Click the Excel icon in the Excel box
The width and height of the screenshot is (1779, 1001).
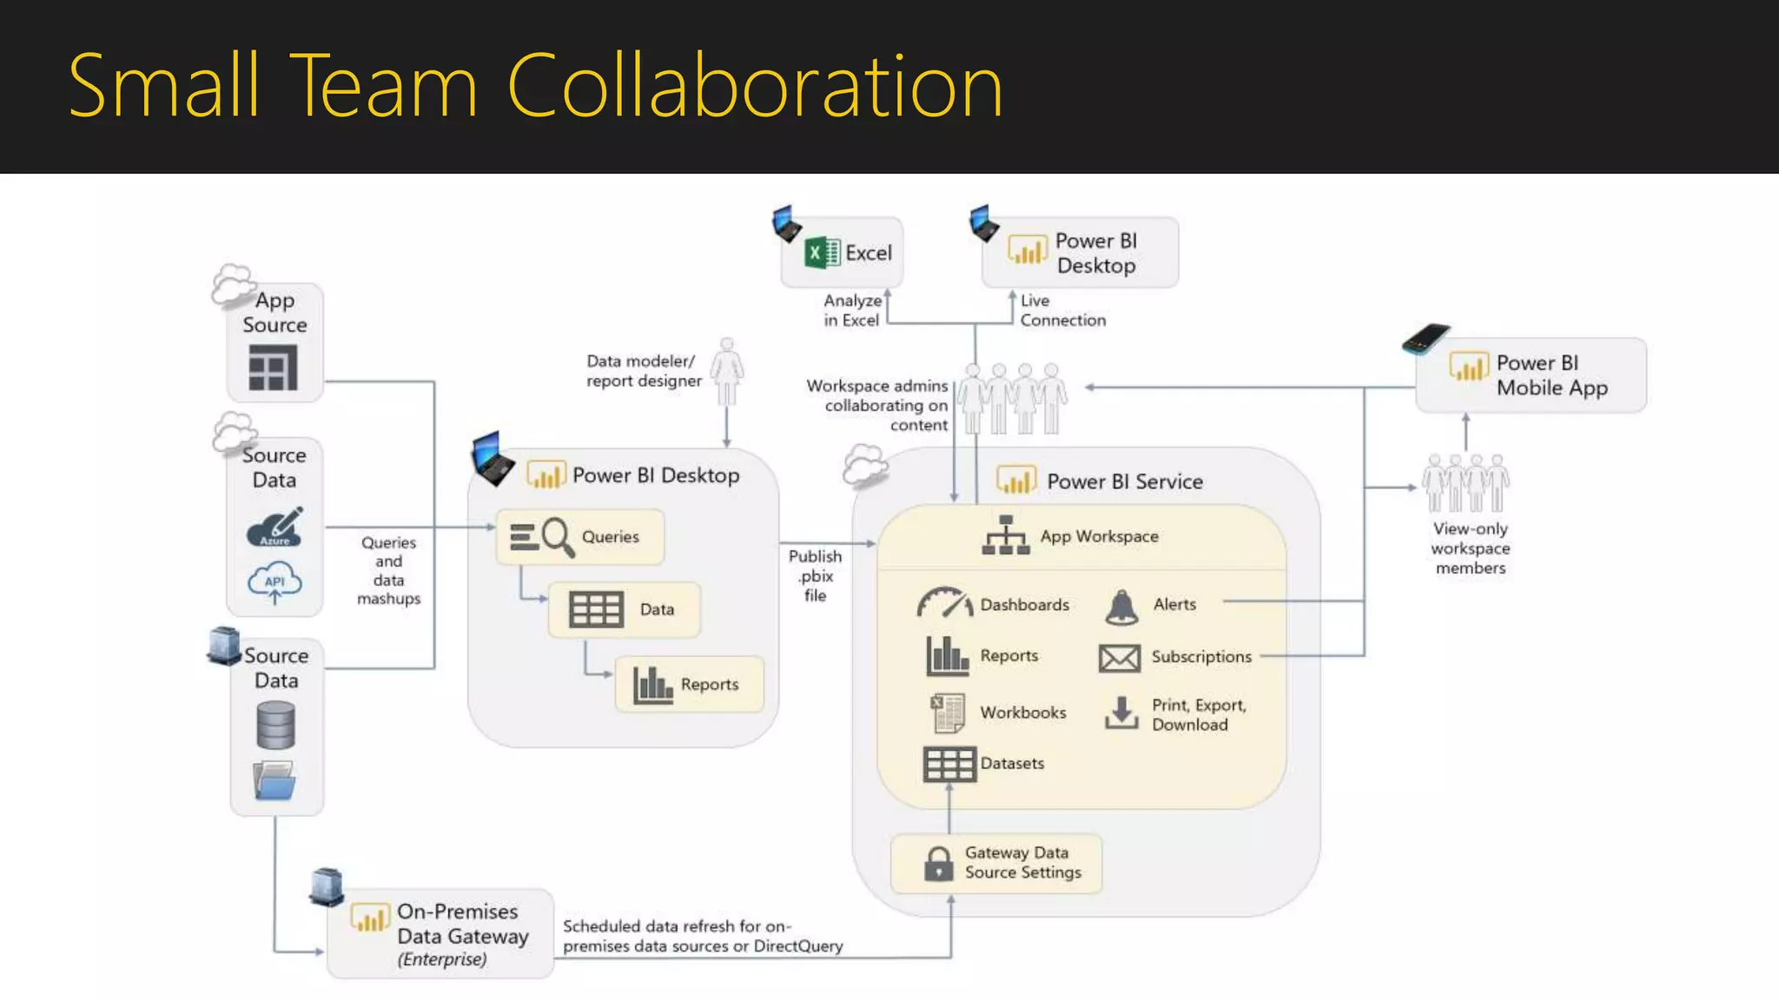point(822,253)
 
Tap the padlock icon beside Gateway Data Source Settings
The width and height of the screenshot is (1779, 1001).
point(938,864)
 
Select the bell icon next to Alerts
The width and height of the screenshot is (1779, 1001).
point(1121,607)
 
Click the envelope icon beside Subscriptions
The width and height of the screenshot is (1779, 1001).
point(1119,658)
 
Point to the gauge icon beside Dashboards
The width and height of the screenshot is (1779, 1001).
point(944,603)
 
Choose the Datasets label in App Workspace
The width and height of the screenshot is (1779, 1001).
point(1012,764)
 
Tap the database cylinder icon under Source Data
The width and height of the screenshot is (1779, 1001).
point(275,726)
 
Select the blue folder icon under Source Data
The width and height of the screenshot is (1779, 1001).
point(274,780)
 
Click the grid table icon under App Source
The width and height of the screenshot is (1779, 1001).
point(273,368)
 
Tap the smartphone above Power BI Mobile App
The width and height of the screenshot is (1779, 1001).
point(1425,339)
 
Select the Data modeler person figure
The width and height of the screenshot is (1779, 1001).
point(727,372)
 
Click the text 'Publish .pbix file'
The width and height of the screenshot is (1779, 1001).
point(815,575)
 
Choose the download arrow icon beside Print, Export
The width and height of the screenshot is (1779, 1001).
point(1121,713)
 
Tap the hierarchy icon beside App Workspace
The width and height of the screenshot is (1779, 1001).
point(1005,535)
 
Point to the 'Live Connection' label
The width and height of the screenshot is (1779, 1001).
point(1062,310)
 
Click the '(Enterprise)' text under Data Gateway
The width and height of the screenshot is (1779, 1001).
point(442,959)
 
